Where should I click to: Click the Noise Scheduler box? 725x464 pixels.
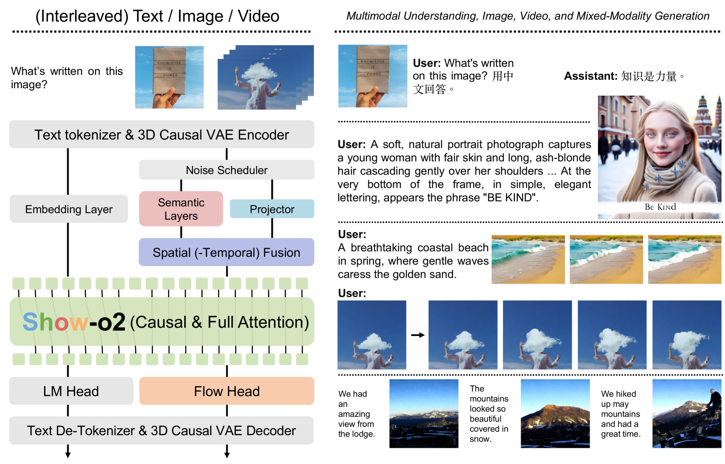(227, 170)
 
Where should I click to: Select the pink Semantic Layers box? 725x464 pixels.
(181, 209)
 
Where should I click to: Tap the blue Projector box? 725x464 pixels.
(272, 209)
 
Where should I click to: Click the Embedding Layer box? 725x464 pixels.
(69, 209)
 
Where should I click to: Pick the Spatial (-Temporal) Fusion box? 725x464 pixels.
(227, 252)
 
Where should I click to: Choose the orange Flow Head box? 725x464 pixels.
(227, 391)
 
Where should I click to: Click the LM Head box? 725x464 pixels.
(71, 391)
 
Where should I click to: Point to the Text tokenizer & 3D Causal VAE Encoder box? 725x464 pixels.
(161, 134)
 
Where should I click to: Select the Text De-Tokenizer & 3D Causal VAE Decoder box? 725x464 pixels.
(161, 430)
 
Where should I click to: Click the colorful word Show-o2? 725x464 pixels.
(74, 322)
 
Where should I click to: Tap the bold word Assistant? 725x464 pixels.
(591, 76)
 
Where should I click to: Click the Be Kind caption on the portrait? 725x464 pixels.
(660, 207)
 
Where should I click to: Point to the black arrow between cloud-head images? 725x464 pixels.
(418, 335)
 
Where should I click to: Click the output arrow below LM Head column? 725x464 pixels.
(68, 451)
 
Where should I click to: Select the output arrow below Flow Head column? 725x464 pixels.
(227, 451)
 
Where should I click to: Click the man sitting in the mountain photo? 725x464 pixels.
(714, 401)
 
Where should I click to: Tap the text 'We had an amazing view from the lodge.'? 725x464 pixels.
(356, 414)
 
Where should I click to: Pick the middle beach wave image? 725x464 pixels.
(606, 260)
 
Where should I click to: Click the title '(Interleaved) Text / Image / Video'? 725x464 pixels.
(157, 16)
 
